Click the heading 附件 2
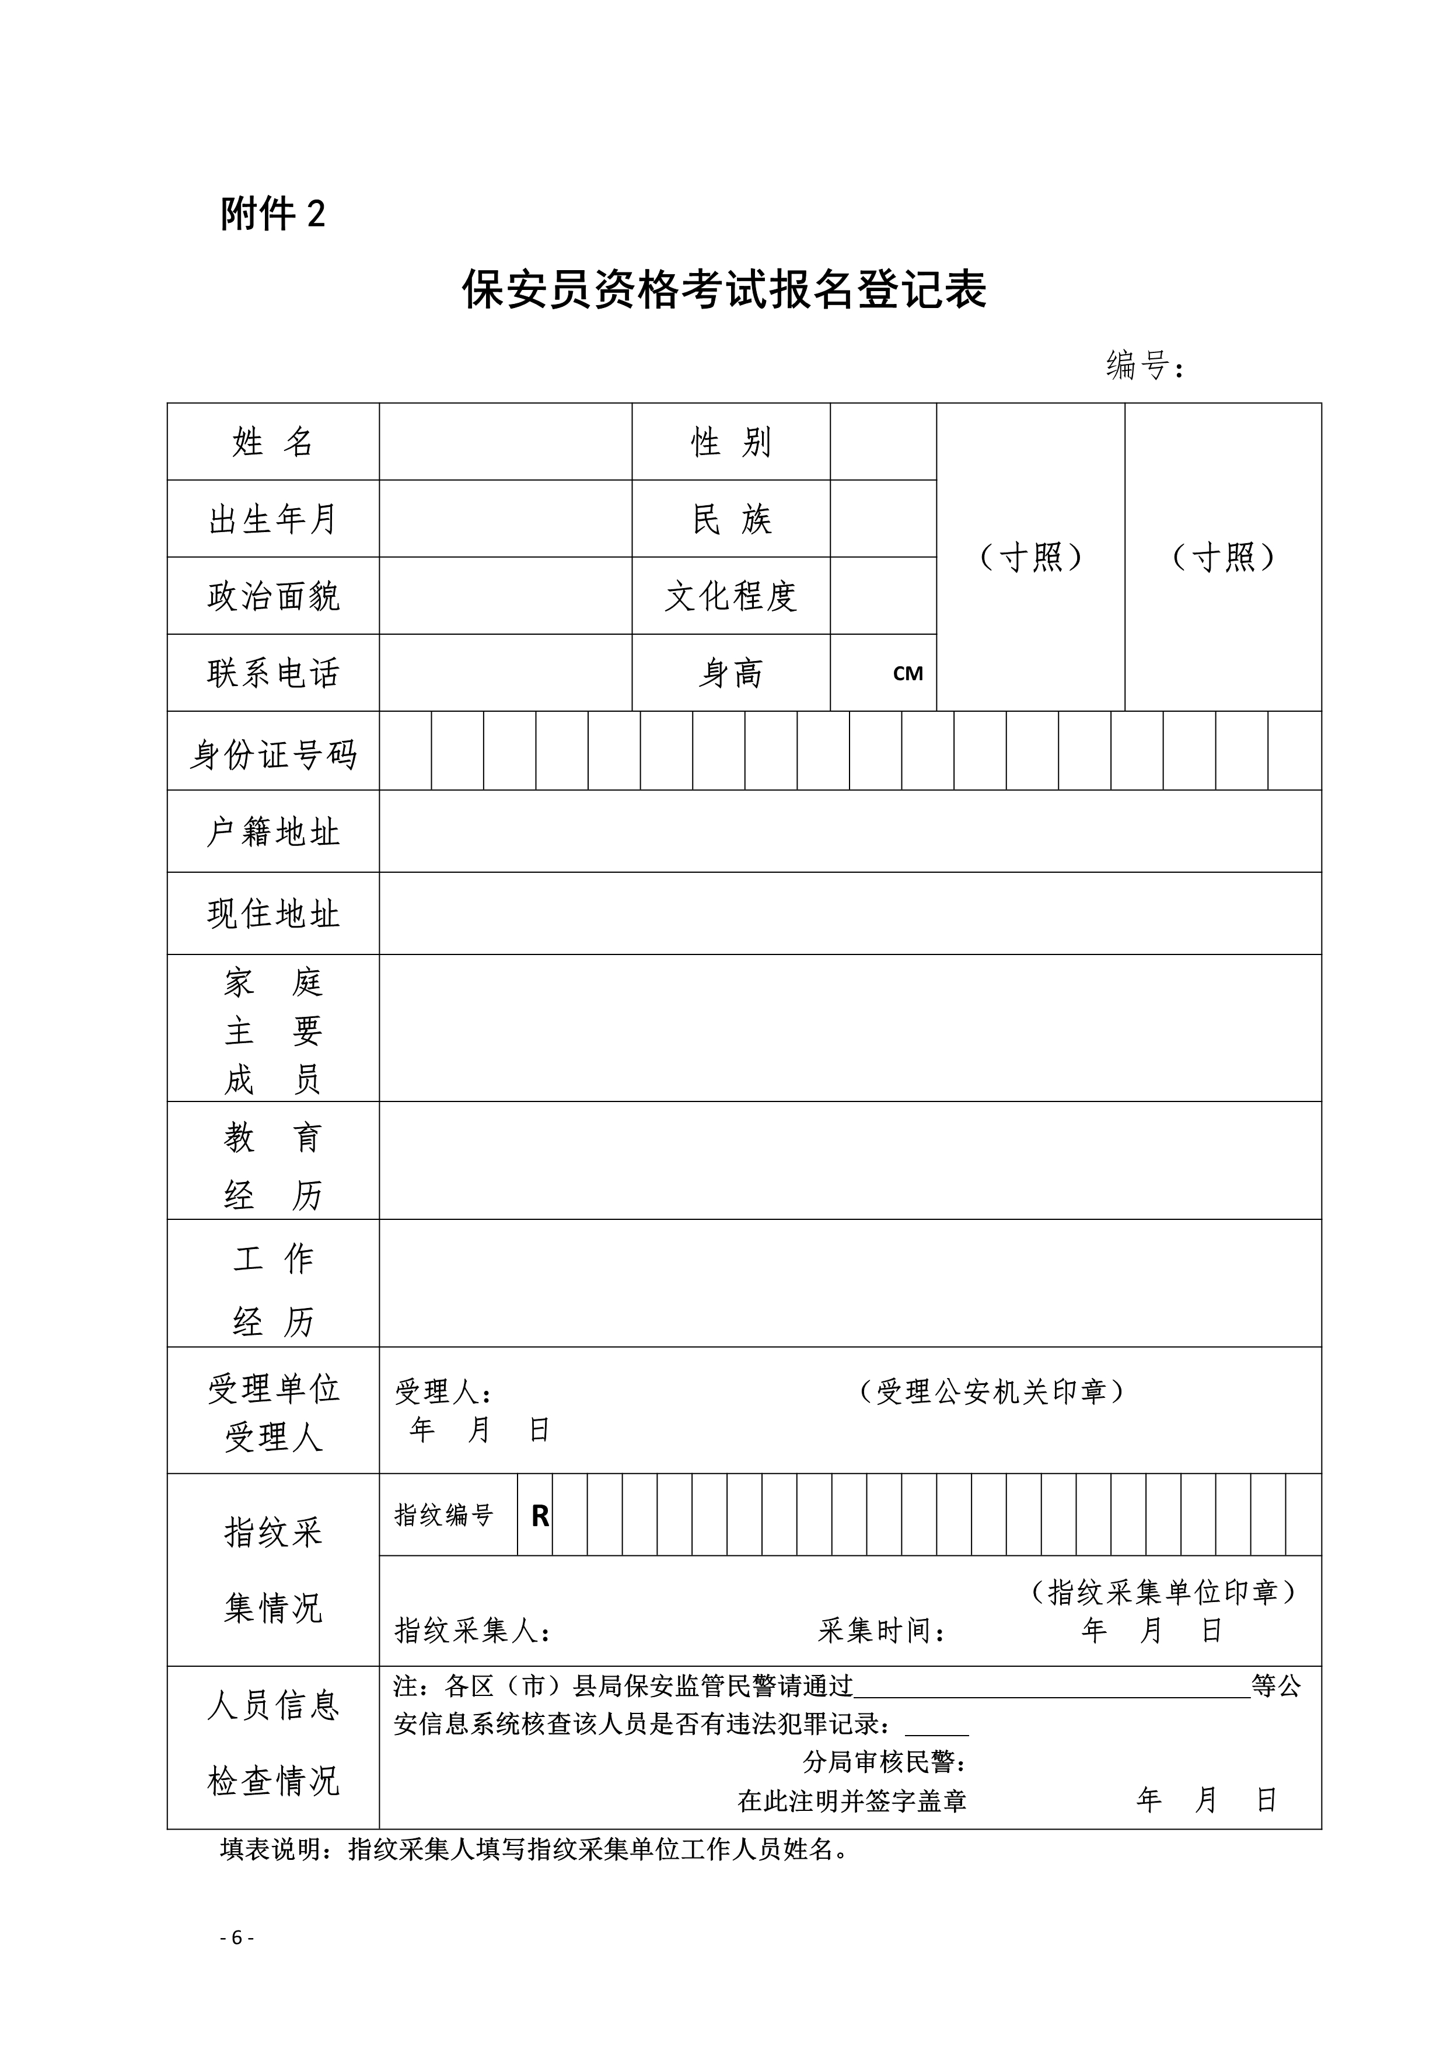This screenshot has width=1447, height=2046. coord(272,214)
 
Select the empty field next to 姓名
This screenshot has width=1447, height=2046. coord(505,442)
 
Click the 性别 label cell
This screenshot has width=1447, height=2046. coord(731,442)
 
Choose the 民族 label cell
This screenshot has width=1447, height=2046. coord(731,519)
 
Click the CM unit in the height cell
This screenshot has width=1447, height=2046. coord(907,674)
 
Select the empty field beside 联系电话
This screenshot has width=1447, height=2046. coord(505,673)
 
